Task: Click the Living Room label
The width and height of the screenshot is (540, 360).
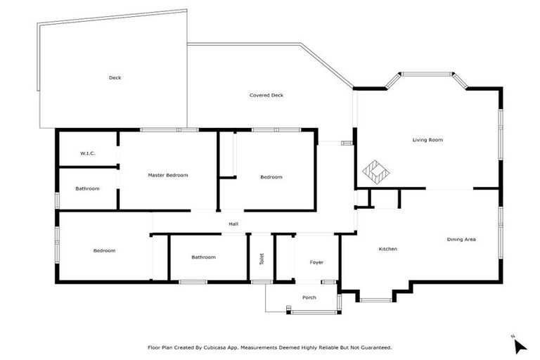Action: [427, 140]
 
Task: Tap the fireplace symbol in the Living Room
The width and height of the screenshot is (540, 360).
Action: [375, 172]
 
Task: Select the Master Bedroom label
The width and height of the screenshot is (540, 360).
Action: [167, 175]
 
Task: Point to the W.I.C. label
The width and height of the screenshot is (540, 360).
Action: [87, 153]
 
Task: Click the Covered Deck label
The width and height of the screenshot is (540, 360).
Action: [266, 95]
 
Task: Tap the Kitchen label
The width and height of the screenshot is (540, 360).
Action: [388, 249]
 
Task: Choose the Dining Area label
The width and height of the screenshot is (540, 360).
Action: [461, 240]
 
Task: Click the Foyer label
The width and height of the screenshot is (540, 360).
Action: [316, 262]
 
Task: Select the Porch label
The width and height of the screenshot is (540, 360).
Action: [309, 297]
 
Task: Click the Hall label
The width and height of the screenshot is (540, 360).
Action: [233, 224]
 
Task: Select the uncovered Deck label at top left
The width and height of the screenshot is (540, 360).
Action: [115, 77]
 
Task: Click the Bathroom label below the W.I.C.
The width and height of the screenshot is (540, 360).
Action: [87, 188]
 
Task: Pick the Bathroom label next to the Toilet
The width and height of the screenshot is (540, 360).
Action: [203, 257]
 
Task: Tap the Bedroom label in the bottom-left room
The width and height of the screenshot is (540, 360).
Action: [104, 250]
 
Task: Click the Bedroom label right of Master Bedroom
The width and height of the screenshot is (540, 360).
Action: [271, 177]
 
